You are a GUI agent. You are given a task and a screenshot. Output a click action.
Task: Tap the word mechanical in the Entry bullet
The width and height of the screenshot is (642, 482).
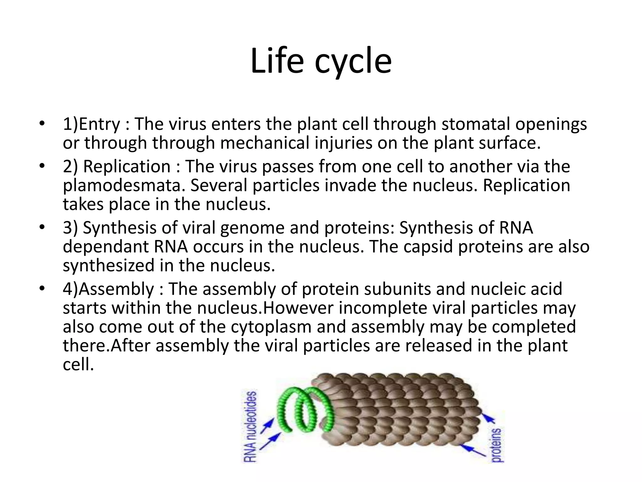click(265, 143)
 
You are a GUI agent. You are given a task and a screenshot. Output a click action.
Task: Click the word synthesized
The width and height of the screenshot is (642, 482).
click(108, 265)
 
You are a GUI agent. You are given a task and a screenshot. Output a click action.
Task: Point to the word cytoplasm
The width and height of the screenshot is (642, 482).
click(271, 327)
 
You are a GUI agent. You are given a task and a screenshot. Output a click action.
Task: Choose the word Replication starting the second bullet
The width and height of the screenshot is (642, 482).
click(127, 166)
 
